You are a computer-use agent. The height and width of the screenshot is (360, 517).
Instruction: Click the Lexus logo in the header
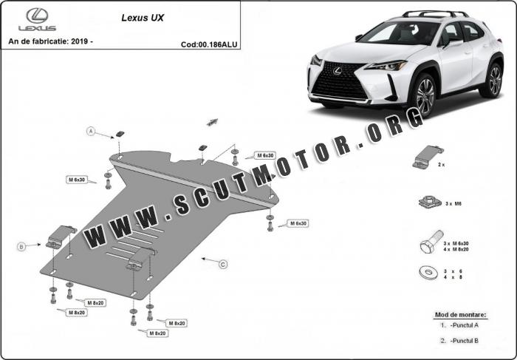pyautogui.click(x=41, y=19)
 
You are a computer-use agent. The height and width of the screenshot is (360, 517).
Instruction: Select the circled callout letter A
pyautogui.click(x=92, y=132)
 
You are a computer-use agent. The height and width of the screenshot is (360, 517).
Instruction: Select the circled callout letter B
pyautogui.click(x=21, y=246)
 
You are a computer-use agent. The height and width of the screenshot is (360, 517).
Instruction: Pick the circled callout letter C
pyautogui.click(x=223, y=264)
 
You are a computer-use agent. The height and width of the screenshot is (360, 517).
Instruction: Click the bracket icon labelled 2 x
pyautogui.click(x=424, y=157)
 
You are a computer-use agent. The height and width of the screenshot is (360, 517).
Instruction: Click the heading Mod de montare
pyautogui.click(x=460, y=314)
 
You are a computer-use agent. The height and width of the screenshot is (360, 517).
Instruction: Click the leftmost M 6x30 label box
pyautogui.click(x=77, y=180)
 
